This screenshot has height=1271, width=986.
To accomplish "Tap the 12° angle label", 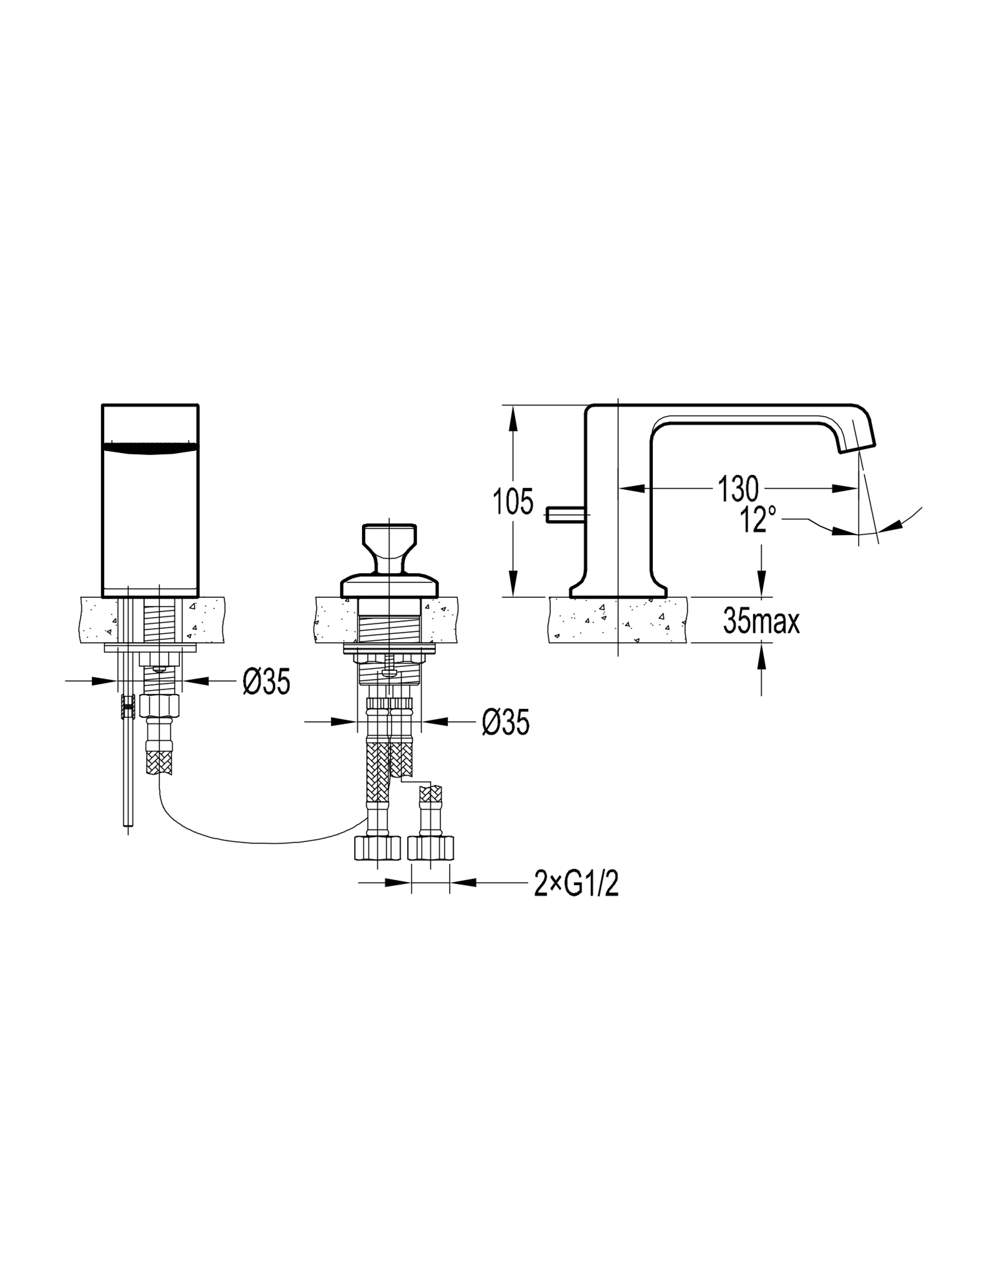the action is [x=758, y=519].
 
